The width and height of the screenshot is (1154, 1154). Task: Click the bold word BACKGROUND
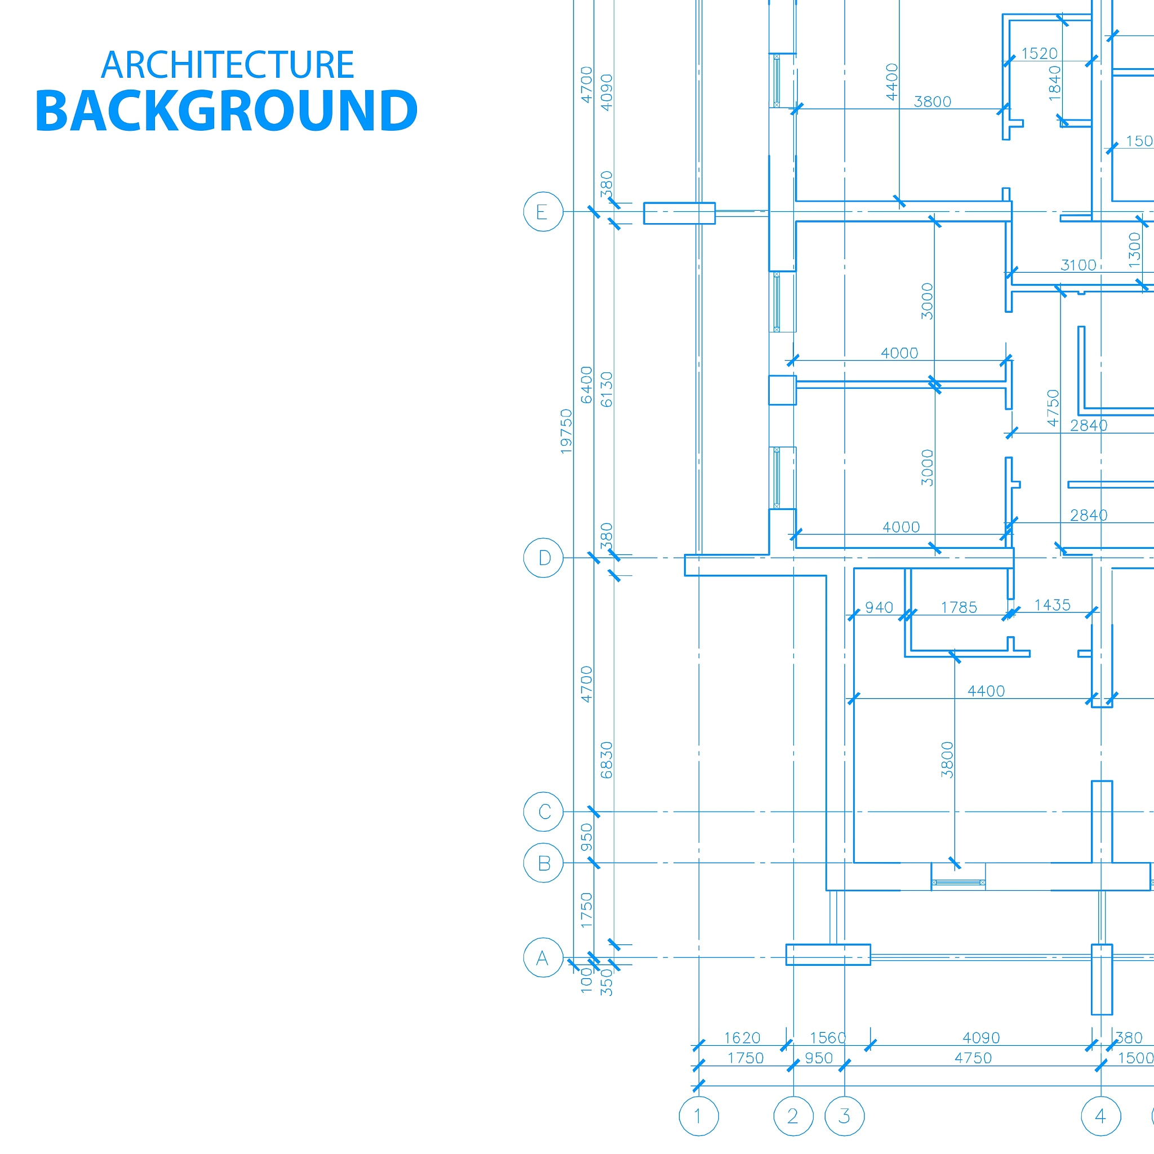point(227,110)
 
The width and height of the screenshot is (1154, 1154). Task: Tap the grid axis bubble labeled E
point(543,211)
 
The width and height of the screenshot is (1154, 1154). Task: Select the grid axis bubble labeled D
point(543,557)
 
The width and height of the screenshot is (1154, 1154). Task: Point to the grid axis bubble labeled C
point(543,812)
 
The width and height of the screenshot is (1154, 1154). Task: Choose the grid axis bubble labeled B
point(543,863)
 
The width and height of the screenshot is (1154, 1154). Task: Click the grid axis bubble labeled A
point(543,957)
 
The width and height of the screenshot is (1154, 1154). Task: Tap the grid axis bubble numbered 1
point(698,1116)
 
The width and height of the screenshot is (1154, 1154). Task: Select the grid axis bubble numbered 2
point(793,1116)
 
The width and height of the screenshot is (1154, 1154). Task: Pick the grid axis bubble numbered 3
point(844,1116)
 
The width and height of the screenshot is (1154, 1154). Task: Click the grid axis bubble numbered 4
point(1101,1116)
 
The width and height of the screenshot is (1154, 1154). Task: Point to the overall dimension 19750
point(566,431)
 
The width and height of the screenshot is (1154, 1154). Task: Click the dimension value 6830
point(606,760)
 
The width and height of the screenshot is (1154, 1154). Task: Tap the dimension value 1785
point(958,607)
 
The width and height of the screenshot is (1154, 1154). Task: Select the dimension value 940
point(879,607)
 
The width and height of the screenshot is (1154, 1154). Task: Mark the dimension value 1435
point(1053,605)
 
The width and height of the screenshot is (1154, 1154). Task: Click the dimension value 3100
point(1078,265)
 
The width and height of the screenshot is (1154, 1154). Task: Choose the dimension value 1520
point(1039,54)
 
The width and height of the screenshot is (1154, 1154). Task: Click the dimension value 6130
point(606,389)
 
